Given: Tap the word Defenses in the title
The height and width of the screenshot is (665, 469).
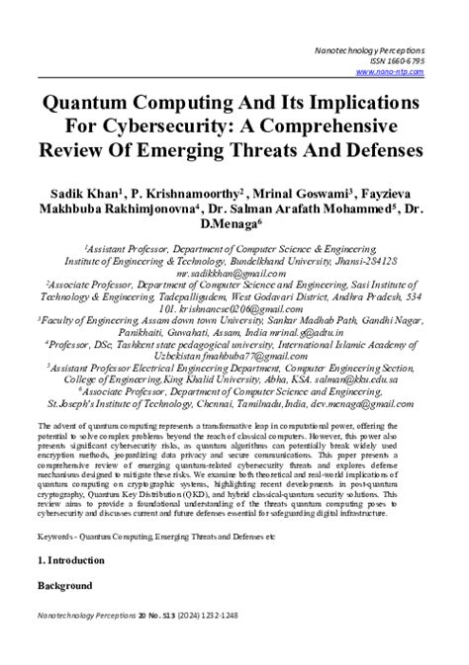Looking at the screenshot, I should tap(372, 151).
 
